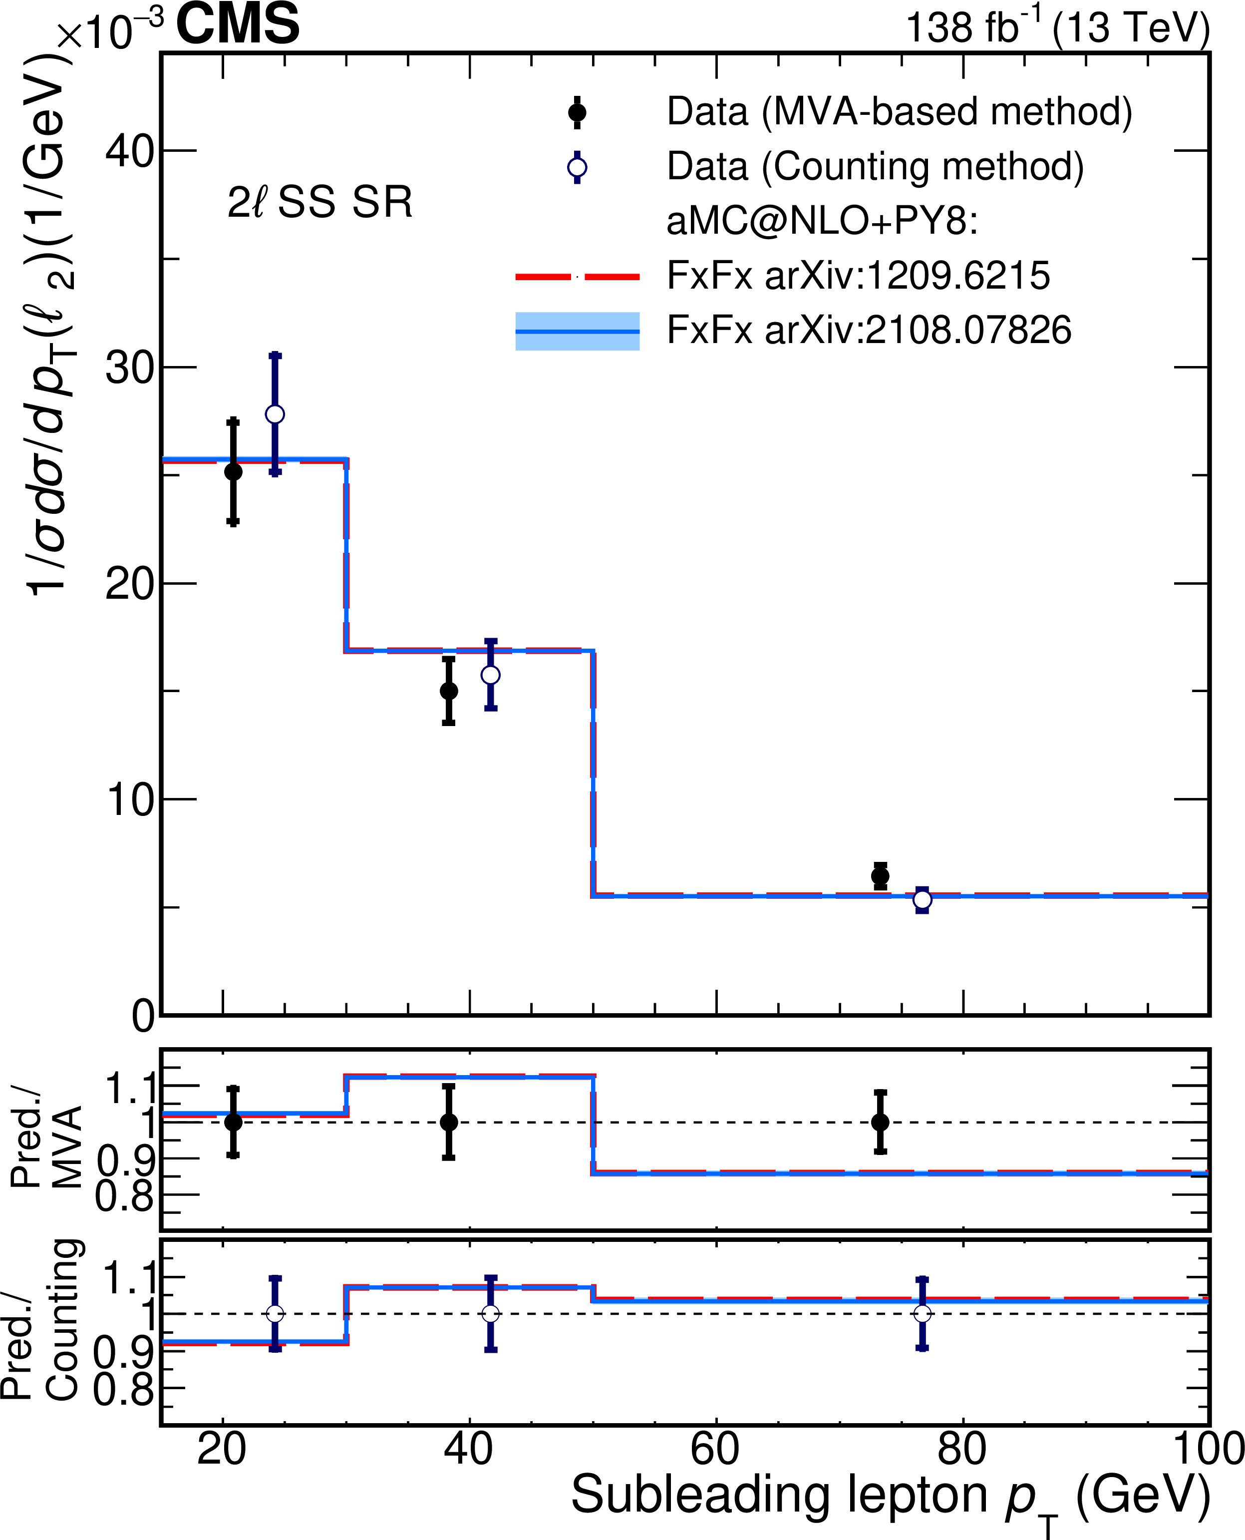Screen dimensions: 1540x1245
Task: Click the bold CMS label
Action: tap(238, 24)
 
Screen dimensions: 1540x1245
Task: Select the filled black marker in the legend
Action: tap(577, 113)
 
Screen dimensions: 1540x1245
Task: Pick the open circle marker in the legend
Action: tap(577, 168)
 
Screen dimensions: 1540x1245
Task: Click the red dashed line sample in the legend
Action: tap(577, 276)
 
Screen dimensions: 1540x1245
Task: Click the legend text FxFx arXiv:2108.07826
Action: tap(869, 331)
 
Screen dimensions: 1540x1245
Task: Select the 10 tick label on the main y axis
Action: tap(130, 800)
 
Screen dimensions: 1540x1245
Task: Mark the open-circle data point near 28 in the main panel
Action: tap(275, 414)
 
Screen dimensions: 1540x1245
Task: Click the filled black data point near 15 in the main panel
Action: tap(449, 691)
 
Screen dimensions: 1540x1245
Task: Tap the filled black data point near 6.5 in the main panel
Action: tap(880, 876)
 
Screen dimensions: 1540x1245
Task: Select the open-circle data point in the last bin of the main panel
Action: tap(923, 899)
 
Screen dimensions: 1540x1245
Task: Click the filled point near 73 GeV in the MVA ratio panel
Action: tap(880, 1122)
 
